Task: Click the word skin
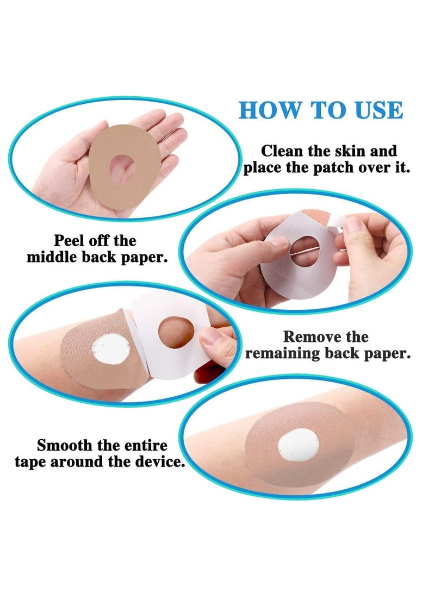click(x=357, y=151)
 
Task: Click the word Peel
click(x=71, y=240)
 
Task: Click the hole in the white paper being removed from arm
click(x=175, y=332)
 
